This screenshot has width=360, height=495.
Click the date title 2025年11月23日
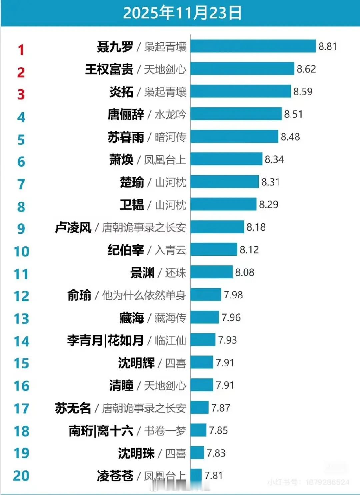[x=182, y=13]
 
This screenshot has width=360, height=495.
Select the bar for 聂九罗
[x=253, y=46]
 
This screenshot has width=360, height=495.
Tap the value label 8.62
[x=306, y=69]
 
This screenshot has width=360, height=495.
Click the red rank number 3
[x=21, y=95]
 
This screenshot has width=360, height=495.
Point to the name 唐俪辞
[x=126, y=114]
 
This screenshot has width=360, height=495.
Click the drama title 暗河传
[x=170, y=137]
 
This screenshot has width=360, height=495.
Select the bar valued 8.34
[x=226, y=159]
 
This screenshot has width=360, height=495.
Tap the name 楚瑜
[x=132, y=182]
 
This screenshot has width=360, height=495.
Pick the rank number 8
[x=21, y=207]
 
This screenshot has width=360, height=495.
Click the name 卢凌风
[x=73, y=228]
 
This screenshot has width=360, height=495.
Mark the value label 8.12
[x=249, y=250]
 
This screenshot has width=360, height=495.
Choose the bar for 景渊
[x=211, y=272]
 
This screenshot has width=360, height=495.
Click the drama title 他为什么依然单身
[x=144, y=295]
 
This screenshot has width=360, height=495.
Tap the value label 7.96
[x=231, y=317]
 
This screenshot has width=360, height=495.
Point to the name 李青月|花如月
[x=105, y=340]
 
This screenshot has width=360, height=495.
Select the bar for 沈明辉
[x=202, y=362]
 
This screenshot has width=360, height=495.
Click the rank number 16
[x=21, y=386]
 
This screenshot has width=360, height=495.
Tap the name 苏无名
[x=73, y=408]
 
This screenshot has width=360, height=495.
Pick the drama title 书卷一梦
[x=165, y=431]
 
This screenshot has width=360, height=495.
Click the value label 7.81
[x=213, y=475]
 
